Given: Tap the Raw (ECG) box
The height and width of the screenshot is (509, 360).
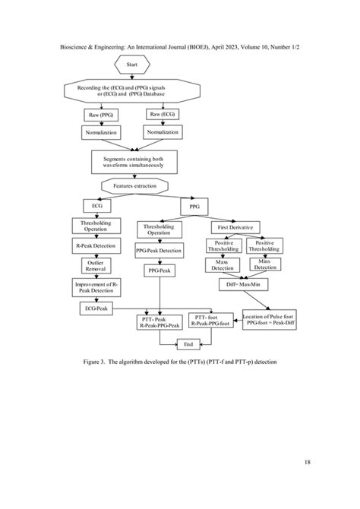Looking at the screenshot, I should tap(163, 115).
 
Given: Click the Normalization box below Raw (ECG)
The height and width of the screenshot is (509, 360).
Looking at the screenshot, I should tap(163, 132).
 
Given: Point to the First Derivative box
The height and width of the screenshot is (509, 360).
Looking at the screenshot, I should tap(235, 227).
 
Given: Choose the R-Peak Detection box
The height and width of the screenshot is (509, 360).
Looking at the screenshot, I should tap(94, 246).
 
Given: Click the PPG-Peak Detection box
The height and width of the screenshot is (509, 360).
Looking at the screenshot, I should tap(159, 250).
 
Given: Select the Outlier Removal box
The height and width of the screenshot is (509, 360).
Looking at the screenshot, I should tap(94, 266).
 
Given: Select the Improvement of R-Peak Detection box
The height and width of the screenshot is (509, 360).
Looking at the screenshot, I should tap(94, 288).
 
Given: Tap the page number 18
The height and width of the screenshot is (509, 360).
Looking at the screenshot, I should tap(306, 462).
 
